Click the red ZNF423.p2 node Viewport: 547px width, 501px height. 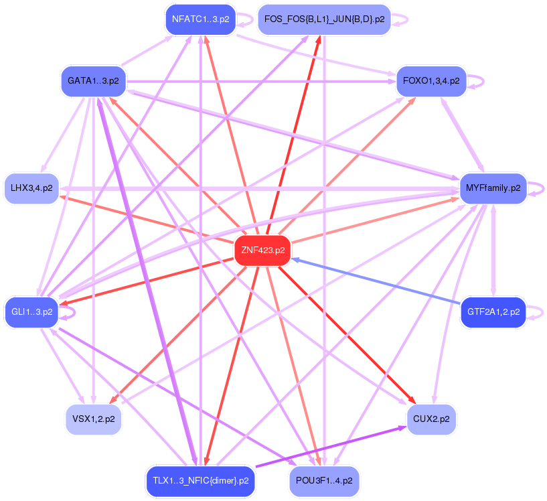(262, 250)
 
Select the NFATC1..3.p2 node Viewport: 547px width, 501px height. (200, 19)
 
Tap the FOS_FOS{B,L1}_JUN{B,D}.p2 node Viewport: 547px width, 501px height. (324, 19)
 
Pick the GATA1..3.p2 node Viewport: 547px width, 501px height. (93, 81)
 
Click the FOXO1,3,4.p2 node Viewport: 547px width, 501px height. (431, 81)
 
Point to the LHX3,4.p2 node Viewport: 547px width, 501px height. (31, 188)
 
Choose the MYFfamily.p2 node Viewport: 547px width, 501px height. (492, 188)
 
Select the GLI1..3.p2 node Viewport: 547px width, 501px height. (31, 312)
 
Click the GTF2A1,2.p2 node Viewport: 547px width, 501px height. (493, 312)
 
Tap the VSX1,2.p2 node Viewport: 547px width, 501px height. (93, 419)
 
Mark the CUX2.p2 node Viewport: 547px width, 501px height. (431, 419)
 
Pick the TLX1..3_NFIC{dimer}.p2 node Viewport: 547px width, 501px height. (200, 480)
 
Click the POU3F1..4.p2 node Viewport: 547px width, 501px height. (324, 480)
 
